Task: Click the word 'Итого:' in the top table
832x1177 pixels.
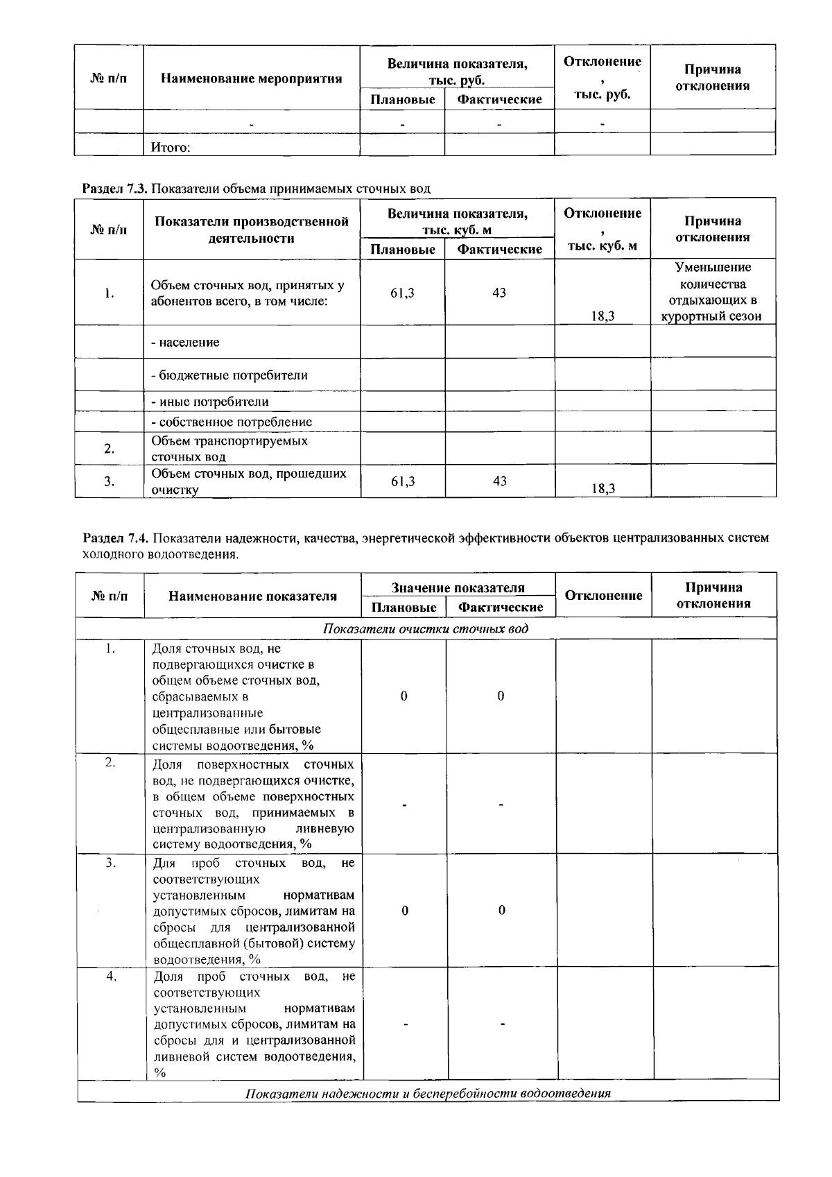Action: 171,147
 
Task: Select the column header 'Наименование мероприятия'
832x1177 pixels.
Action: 251,78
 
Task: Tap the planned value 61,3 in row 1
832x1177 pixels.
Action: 402,293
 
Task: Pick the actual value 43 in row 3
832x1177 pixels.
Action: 499,481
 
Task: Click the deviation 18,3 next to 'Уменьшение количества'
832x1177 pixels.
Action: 603,316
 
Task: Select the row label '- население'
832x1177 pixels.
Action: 185,342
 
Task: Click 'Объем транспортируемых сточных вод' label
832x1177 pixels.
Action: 229,449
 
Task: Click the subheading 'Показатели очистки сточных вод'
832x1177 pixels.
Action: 425,629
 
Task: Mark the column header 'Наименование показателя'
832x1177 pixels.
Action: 252,596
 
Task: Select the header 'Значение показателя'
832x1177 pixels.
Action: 458,588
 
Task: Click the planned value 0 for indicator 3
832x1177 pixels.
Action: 404,910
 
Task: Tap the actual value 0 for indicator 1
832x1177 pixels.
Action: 501,696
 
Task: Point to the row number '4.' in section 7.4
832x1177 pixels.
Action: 110,977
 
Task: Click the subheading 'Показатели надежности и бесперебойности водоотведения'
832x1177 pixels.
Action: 428,1094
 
